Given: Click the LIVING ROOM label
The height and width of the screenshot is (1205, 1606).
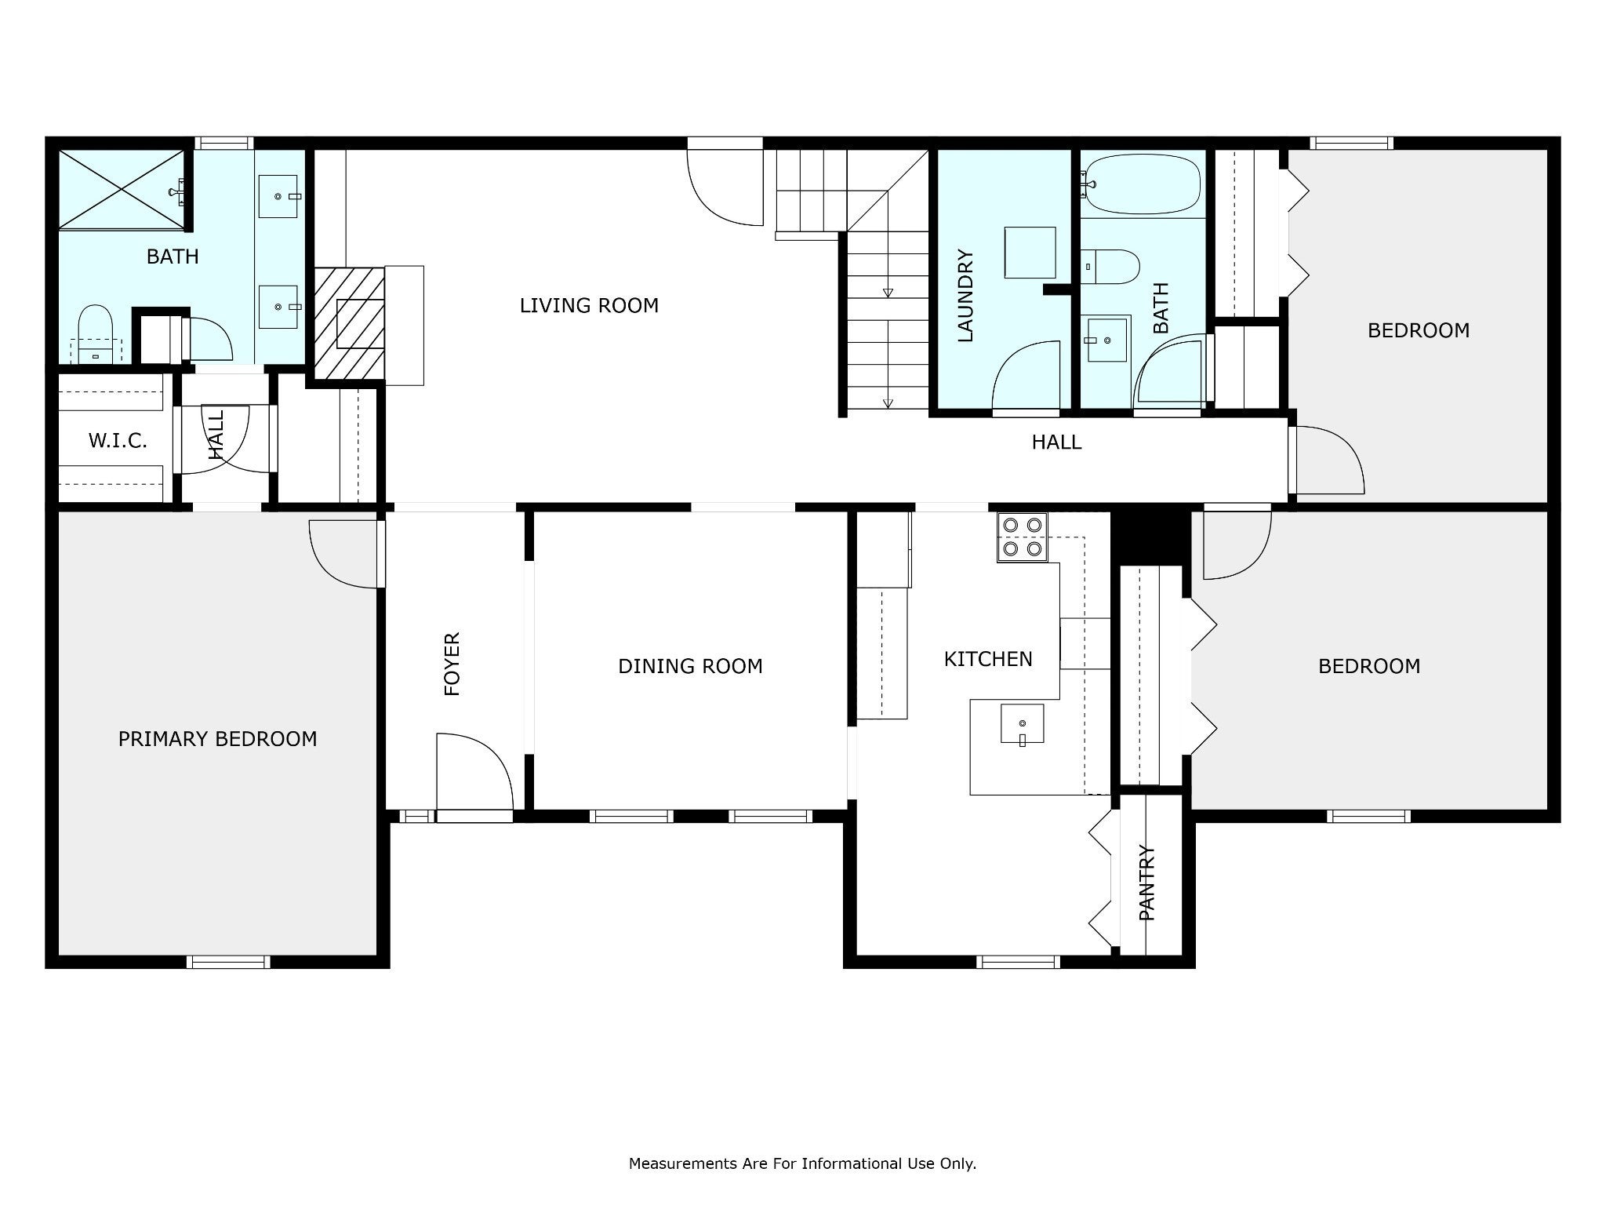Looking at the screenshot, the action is point(589,305).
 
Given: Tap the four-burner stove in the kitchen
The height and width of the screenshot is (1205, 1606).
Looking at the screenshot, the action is point(1023,537).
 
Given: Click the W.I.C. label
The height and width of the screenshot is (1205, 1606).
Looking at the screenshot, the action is point(118,441).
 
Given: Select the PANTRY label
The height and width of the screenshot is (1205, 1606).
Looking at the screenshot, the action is point(1147,883).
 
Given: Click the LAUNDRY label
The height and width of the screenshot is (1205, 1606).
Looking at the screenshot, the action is point(965,296).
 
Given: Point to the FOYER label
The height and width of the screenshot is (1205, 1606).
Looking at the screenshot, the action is point(452,664).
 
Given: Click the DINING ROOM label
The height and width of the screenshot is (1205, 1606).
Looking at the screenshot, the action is point(690,666).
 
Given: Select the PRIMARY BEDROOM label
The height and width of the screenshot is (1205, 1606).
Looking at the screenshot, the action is point(217,739).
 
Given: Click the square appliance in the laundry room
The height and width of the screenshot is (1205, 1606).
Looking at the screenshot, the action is point(1030,253).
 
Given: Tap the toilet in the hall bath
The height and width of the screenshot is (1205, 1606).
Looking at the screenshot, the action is point(1110,267).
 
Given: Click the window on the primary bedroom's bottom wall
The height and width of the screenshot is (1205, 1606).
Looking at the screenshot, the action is point(228,962).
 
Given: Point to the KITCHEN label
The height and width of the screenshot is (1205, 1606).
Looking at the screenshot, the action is point(988,659).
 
